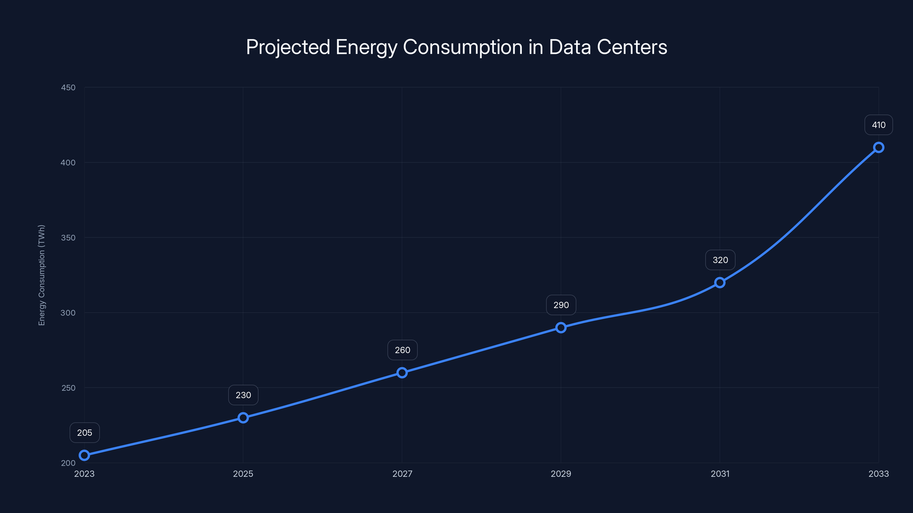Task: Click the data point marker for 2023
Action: [84, 455]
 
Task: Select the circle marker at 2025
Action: [243, 418]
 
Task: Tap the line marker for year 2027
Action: [402, 372]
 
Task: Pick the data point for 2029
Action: [561, 327]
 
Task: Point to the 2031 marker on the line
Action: [720, 282]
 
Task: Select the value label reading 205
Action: [85, 433]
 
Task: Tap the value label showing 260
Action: [403, 350]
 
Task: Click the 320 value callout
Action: [720, 260]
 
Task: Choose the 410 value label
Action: [879, 125]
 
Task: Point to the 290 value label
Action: [561, 305]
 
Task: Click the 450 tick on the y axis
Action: [68, 87]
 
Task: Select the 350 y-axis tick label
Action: [68, 238]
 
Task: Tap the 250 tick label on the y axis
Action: [68, 388]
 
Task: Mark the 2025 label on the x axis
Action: [243, 474]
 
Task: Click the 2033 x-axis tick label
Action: [879, 474]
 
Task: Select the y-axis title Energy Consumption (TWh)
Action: [42, 275]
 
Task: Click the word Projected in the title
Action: [288, 47]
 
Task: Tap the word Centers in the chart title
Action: [632, 47]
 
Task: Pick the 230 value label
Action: [243, 395]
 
